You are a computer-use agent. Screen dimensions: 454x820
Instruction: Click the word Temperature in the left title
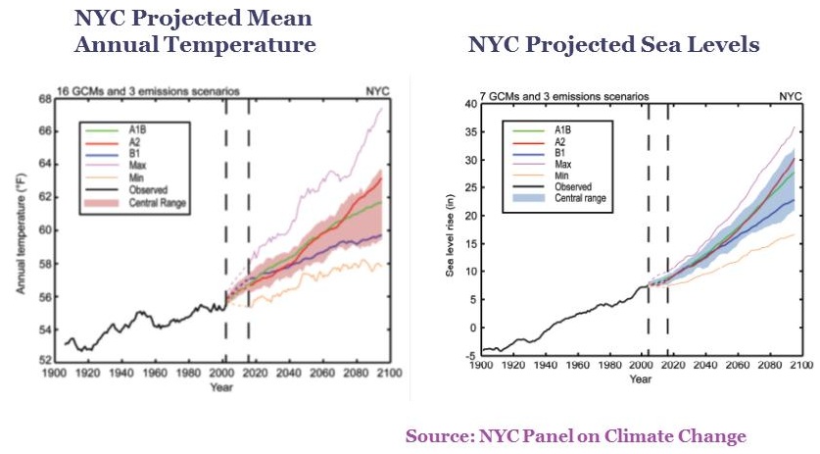[247, 45]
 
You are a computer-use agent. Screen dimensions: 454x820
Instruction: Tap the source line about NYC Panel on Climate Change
[577, 436]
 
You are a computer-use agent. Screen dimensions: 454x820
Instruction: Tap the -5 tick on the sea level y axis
[469, 356]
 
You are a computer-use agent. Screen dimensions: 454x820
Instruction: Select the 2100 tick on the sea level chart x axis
[800, 367]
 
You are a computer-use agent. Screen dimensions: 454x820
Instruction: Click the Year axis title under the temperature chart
[221, 386]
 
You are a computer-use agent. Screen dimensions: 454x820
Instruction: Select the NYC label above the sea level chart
[790, 97]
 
